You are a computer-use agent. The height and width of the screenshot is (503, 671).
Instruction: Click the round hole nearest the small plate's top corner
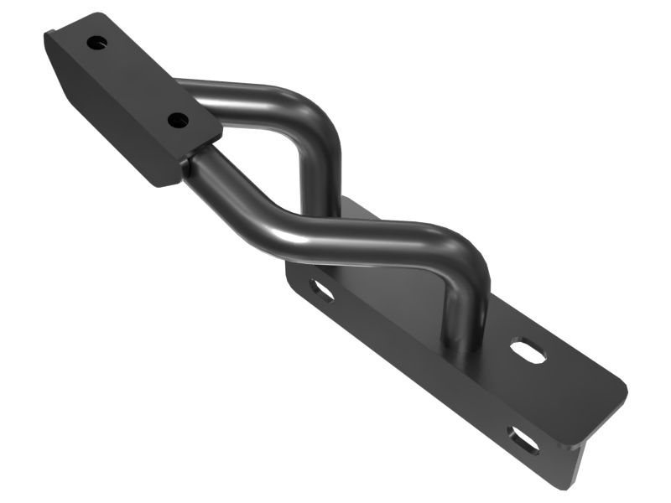(x=97, y=42)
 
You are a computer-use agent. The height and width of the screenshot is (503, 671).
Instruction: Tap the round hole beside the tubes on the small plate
(x=178, y=121)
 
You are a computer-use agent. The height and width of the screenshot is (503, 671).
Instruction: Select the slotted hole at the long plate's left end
(x=322, y=291)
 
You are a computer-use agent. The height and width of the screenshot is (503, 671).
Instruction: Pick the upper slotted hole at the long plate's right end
(x=528, y=350)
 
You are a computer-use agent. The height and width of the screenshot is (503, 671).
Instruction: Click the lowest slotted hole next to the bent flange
(x=523, y=439)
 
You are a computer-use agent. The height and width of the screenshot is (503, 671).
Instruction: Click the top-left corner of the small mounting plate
(x=49, y=35)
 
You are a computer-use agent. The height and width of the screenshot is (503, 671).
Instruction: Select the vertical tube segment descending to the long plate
(x=463, y=302)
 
